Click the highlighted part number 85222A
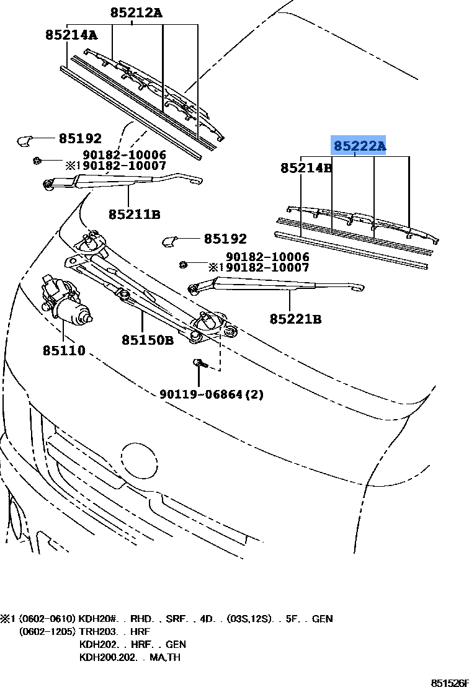[x=359, y=146]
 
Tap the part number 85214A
[x=71, y=35]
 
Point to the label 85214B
[x=306, y=167]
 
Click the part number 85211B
[x=135, y=215]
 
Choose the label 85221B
[x=295, y=319]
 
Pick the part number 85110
[x=64, y=351]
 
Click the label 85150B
[x=147, y=340]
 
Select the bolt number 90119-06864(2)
[x=211, y=394]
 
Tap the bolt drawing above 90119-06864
[x=199, y=365]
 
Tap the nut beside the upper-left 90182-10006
[x=38, y=162]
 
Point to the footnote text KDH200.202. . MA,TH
[x=130, y=657]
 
